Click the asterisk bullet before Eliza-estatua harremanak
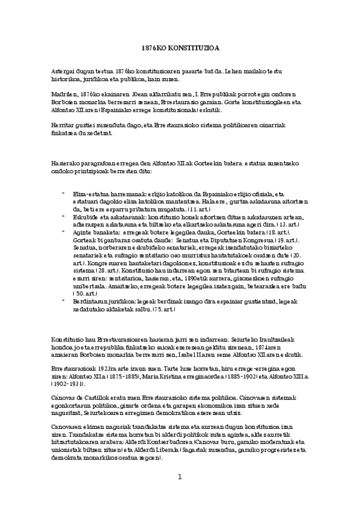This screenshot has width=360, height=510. point(63,194)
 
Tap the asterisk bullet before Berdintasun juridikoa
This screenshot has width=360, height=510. point(63,302)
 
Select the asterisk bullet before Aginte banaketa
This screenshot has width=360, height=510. point(63,230)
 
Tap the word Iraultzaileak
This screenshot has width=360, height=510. point(263,338)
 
